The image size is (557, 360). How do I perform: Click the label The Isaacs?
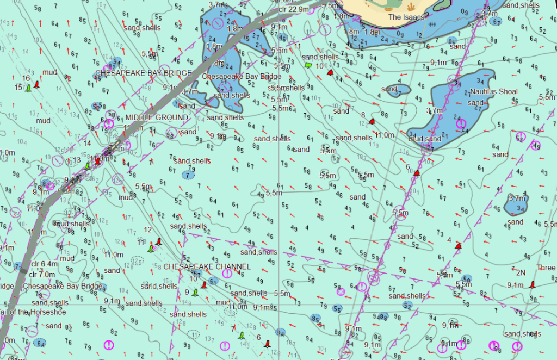click(x=406, y=17)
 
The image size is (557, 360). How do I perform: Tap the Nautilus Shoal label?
click(x=494, y=91)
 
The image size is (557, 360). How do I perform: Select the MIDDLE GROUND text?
click(x=157, y=117)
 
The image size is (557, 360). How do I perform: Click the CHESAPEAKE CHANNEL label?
click(x=207, y=266)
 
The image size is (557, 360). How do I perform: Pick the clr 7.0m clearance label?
click(x=43, y=275)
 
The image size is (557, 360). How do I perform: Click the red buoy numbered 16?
click(x=37, y=84)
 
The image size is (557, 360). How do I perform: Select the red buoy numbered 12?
click(x=158, y=241)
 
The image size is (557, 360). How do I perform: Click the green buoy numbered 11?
click(x=151, y=249)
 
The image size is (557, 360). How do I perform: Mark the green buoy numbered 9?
click(x=195, y=293)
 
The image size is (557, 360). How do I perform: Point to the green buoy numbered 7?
click(x=242, y=336)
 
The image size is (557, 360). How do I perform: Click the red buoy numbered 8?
click(x=372, y=121)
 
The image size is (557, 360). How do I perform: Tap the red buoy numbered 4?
click(x=458, y=246)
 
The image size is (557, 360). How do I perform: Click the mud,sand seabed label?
click(x=425, y=139)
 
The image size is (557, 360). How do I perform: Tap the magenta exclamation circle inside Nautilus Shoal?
click(x=461, y=125)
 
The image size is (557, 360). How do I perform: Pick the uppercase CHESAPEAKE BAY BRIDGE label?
click(x=144, y=73)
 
